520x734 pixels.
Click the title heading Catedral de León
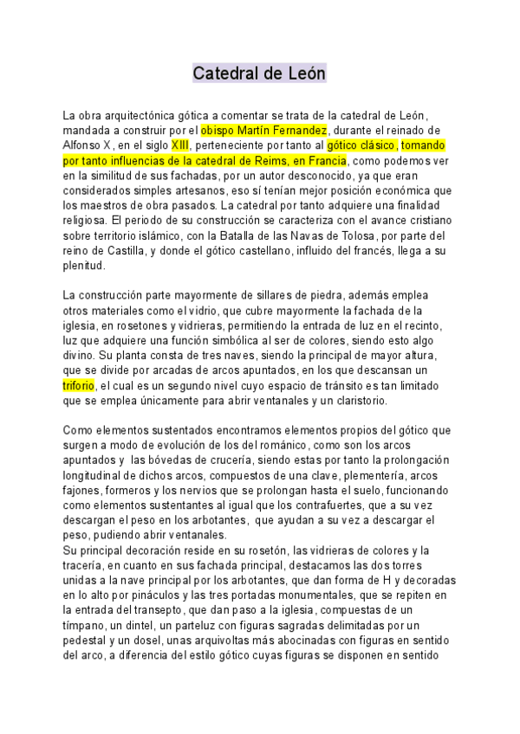tap(259, 74)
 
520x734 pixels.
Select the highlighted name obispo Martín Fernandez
tap(263, 131)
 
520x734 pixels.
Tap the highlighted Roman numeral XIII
tap(180, 146)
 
